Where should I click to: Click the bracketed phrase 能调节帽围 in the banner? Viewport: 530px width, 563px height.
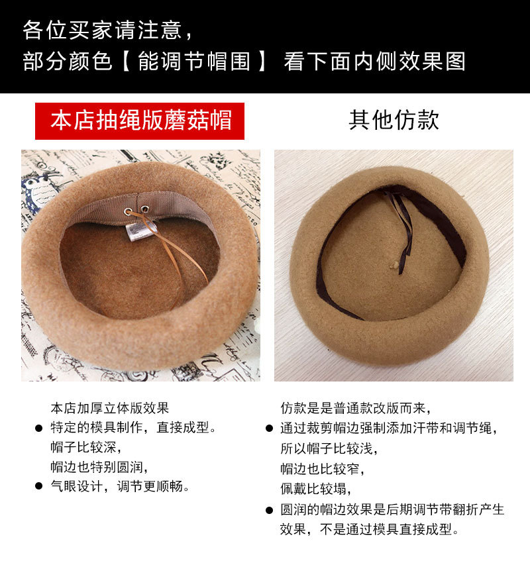tap(194, 61)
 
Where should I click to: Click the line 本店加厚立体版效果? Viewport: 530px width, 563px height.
tap(110, 408)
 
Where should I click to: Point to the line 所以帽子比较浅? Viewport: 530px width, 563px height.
tap(329, 448)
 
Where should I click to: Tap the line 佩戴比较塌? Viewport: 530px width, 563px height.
tap(315, 489)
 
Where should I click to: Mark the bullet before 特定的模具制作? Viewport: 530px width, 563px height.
tap(38, 428)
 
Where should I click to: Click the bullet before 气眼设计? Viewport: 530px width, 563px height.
tap(38, 486)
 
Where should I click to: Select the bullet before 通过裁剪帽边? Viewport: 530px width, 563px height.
tap(269, 429)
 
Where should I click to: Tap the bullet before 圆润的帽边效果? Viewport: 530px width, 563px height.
tap(269, 510)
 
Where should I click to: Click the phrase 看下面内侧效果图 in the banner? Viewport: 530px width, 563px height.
tap(374, 61)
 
